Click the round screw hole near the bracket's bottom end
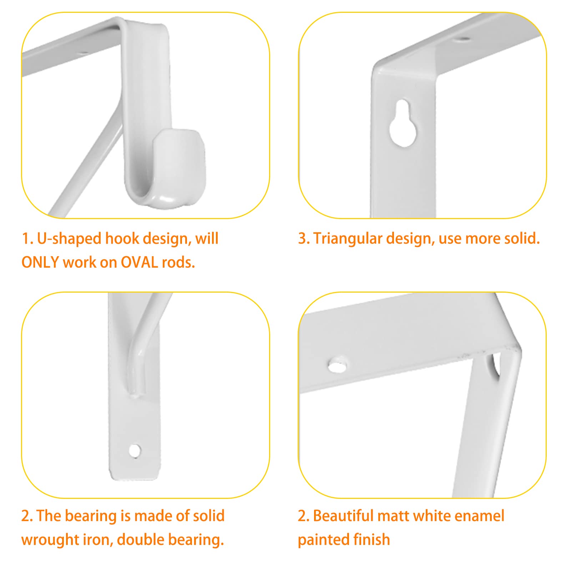tap(135, 451)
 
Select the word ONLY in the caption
tap(40, 263)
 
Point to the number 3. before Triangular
tap(304, 239)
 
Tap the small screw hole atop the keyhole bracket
tap(463, 39)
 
